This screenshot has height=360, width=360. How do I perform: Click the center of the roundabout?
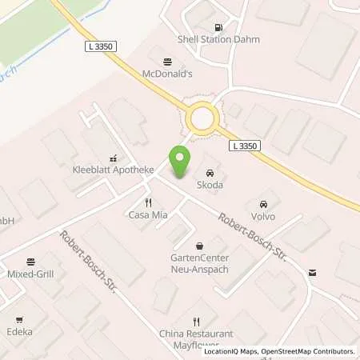tap(202, 120)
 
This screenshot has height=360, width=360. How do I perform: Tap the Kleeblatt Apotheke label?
tap(112, 171)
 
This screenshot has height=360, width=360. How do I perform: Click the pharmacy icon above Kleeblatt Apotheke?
tap(112, 158)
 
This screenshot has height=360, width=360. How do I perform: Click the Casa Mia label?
tap(147, 216)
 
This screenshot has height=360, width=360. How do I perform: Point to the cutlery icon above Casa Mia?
tap(147, 202)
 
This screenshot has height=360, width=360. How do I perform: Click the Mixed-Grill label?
tap(31, 274)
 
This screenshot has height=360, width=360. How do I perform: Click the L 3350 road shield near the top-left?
tap(98, 48)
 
